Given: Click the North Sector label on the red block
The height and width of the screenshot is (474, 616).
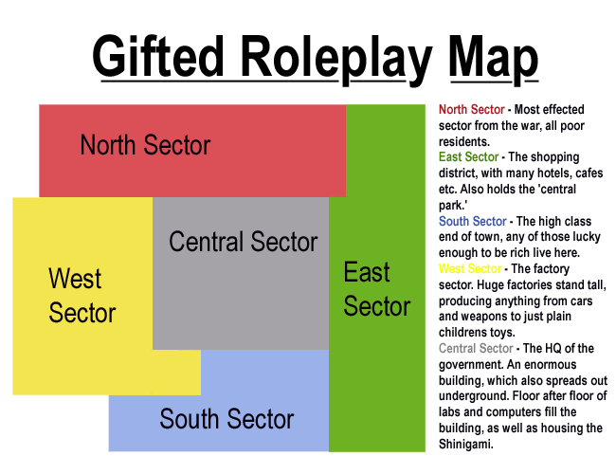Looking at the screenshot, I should pos(145,145).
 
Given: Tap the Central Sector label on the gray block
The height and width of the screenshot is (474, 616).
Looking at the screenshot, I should pos(243,242).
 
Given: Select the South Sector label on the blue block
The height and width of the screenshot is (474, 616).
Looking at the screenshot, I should pos(226,419).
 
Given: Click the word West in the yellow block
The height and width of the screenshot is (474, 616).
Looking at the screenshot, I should pos(75,279).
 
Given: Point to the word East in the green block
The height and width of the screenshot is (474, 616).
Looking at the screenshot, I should pos(367,273).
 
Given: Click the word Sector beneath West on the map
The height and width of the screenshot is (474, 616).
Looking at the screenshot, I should pos(82,313).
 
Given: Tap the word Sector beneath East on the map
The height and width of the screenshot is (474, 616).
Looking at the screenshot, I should pos(377,307).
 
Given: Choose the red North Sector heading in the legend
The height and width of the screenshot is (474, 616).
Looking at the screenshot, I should pos(472,110).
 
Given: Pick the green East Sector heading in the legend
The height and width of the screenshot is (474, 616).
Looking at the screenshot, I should pos(469,157).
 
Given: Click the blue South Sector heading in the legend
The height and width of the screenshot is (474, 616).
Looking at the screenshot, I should pos(473,222).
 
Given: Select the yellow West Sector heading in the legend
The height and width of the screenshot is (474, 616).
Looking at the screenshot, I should pos(470,269).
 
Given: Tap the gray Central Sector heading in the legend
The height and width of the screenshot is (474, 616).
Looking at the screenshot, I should pos(477,349).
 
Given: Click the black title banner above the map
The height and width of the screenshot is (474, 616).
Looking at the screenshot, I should pos(316,61).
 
